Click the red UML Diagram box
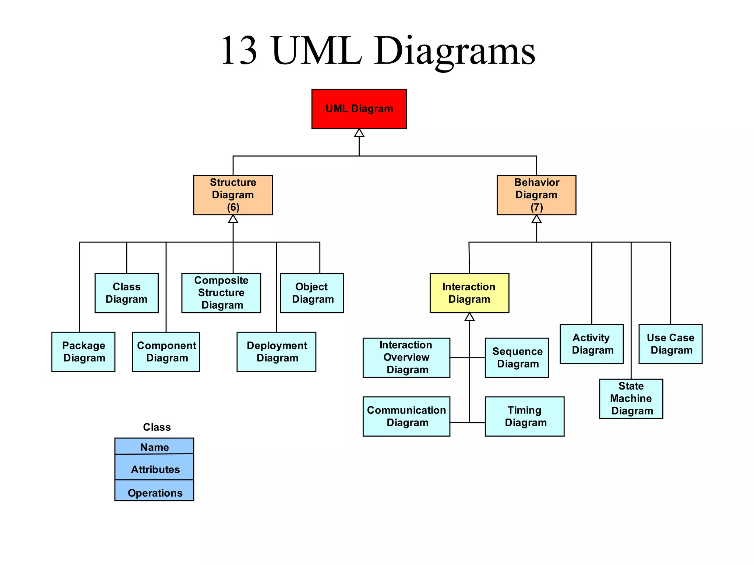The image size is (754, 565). (359, 109)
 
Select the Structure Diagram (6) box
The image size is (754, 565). (233, 195)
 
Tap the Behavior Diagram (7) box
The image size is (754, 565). (536, 195)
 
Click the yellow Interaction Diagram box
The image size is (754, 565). (469, 293)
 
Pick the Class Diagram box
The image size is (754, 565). (126, 293)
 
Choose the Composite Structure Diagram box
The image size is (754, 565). (221, 293)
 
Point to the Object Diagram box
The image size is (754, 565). (311, 293)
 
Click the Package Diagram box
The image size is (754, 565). (83, 352)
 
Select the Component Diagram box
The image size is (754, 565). (166, 352)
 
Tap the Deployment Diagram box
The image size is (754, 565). (276, 352)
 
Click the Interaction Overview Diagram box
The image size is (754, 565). (406, 358)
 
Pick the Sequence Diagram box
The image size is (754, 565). (517, 358)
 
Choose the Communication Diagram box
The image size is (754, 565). (406, 416)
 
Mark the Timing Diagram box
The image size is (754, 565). (524, 416)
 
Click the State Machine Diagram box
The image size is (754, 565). (631, 399)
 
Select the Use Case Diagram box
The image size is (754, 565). (670, 344)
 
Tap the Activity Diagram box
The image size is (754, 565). (591, 344)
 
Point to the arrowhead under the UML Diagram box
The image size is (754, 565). (359, 133)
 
